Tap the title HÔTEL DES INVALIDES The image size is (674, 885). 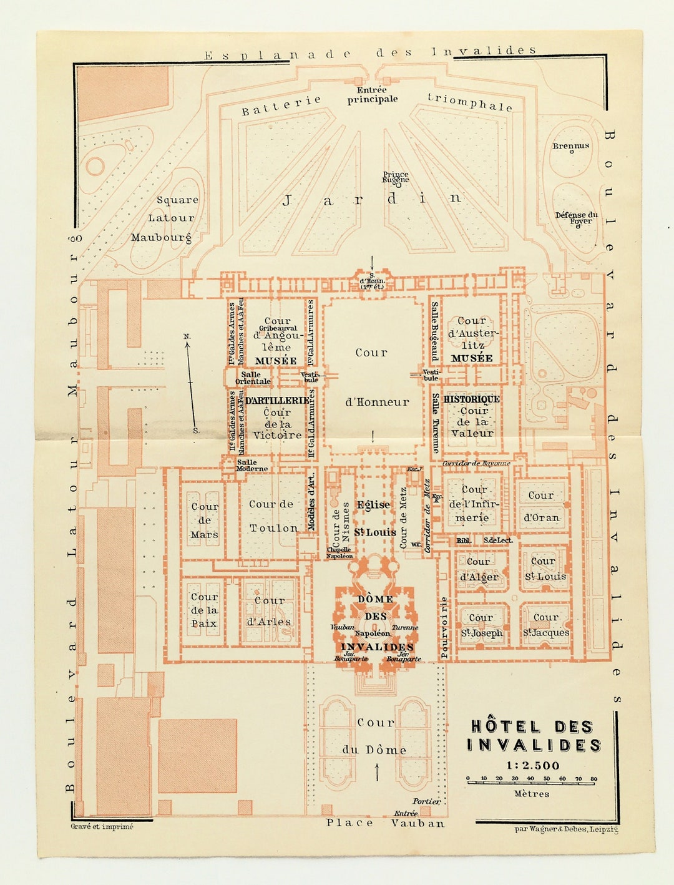(x=534, y=736)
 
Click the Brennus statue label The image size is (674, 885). (x=570, y=146)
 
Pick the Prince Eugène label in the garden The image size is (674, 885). (x=396, y=177)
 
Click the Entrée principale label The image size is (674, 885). (x=373, y=95)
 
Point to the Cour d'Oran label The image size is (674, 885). (x=541, y=506)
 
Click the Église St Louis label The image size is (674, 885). (x=374, y=518)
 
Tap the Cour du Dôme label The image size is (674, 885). (x=375, y=736)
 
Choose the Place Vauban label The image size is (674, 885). (x=386, y=823)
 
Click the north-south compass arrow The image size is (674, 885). (x=191, y=383)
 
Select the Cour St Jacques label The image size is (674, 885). (x=545, y=625)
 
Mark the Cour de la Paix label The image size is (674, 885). (x=204, y=610)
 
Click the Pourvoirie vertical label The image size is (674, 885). (x=444, y=628)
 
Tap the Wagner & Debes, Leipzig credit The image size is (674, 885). (x=566, y=829)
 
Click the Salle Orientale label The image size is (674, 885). (x=253, y=378)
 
